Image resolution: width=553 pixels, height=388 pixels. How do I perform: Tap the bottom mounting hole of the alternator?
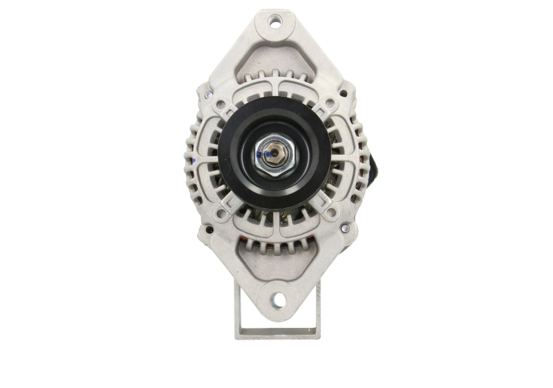[x=277, y=299]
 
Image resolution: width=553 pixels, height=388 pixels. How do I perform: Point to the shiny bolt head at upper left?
[x=209, y=95]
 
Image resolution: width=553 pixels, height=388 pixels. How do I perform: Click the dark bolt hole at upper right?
[x=344, y=93]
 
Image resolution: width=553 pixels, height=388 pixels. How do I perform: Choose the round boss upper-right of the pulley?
[x=329, y=104]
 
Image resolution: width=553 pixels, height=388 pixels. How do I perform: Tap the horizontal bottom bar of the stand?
[x=276, y=333]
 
